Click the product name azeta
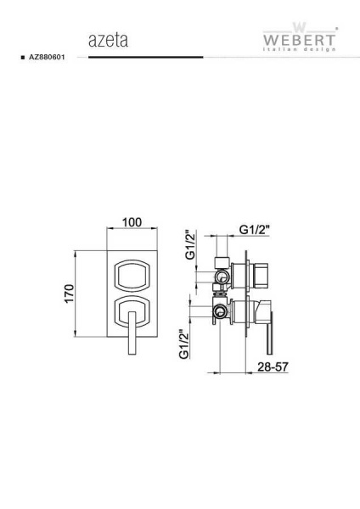tap(108, 40)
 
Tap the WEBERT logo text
tap(299, 40)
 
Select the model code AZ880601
tap(47, 57)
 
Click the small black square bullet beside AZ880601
tap(23, 58)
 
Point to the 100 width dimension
tap(132, 222)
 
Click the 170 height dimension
tap(70, 294)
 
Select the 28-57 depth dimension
tap(273, 366)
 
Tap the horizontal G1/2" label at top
tap(255, 230)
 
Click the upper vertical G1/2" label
tap(190, 245)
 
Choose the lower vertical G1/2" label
tap(184, 344)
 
